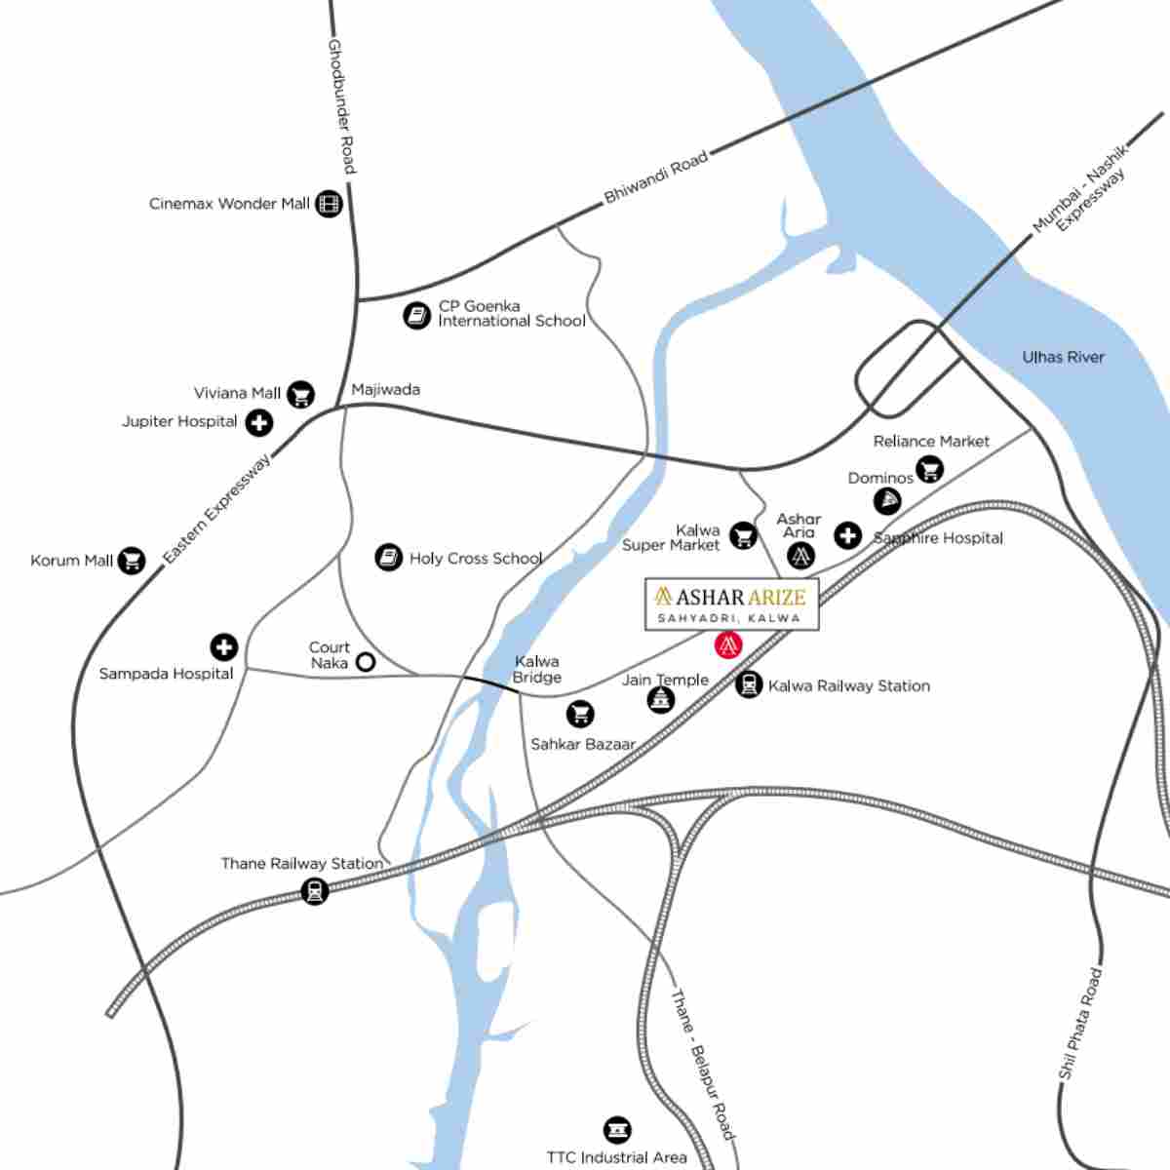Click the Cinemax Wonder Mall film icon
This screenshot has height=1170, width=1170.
coord(330,204)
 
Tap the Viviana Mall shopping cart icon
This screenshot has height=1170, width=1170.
coord(301,394)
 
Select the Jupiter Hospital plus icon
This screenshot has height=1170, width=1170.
coord(258,423)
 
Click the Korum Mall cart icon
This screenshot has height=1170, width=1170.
coord(132,561)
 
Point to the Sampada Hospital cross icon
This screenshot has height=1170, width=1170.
coord(224,646)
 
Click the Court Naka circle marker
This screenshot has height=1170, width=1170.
coord(366,662)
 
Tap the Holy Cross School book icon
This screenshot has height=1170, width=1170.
coord(389,558)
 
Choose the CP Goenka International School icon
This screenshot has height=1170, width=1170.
coord(417,315)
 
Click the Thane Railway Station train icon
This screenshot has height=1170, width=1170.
coord(314,890)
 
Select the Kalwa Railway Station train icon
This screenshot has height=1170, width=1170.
coord(749,685)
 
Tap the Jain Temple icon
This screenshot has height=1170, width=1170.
coord(661,698)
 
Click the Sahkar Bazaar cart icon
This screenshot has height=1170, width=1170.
coord(580,714)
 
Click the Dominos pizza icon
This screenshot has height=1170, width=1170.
coord(886,501)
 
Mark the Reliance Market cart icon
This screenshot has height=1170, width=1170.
coord(930,469)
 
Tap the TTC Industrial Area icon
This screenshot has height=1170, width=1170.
coord(616,1131)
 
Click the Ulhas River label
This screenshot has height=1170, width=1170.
coord(1063,357)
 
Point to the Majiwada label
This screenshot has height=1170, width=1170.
coord(385,389)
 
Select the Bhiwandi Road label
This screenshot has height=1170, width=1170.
coord(655,177)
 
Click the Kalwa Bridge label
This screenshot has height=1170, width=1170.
coord(537,669)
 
